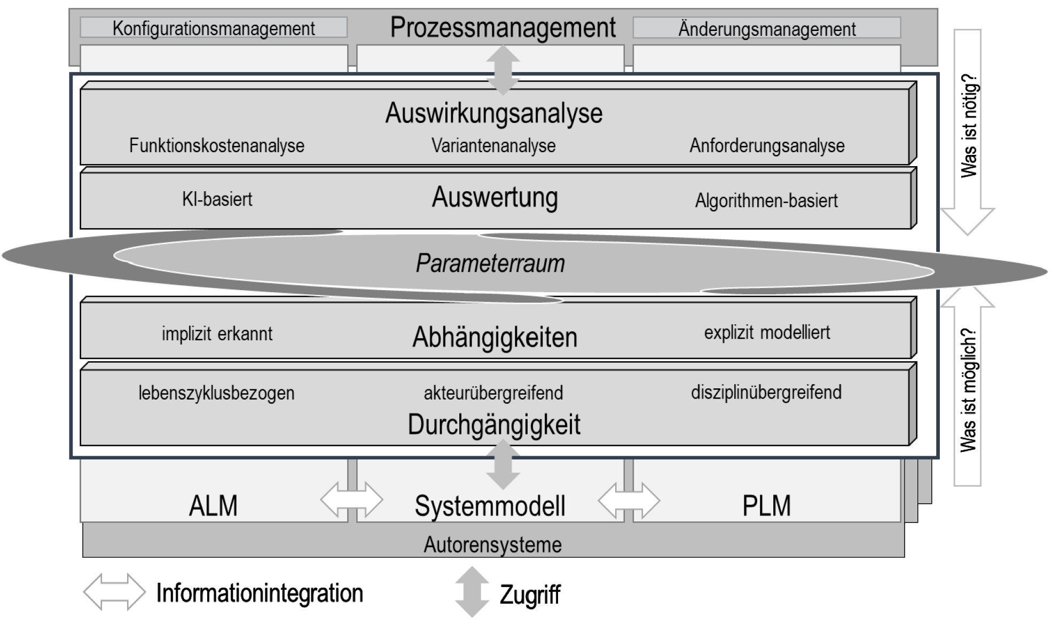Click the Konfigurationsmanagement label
(214, 28)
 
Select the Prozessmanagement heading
(503, 28)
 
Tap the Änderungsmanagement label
(767, 28)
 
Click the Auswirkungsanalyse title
(494, 113)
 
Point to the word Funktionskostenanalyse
(217, 145)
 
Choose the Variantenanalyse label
(493, 145)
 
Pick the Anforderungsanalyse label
(767, 145)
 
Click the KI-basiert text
(217, 199)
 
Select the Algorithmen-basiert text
(766, 200)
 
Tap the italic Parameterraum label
(490, 263)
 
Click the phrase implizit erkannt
(217, 334)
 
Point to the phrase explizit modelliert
(767, 332)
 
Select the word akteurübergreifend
(493, 393)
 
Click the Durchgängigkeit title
(494, 425)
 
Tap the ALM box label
(213, 505)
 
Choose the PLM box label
(766, 505)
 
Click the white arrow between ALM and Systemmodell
(351, 500)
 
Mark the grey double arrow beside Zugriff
(472, 592)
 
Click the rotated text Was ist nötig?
(969, 126)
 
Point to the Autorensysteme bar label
(492, 545)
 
